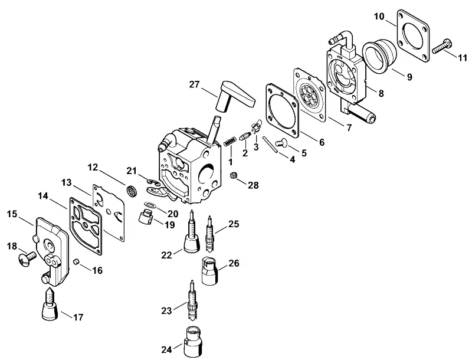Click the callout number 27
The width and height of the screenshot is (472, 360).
pyautogui.click(x=194, y=84)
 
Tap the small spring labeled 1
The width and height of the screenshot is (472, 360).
pyautogui.click(x=230, y=141)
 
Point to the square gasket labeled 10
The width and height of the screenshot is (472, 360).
pyautogui.click(x=412, y=36)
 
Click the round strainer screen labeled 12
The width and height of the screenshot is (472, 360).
pyautogui.click(x=130, y=191)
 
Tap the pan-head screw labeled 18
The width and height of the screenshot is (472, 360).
pyautogui.click(x=27, y=260)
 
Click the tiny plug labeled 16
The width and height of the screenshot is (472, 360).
pyautogui.click(x=77, y=261)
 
